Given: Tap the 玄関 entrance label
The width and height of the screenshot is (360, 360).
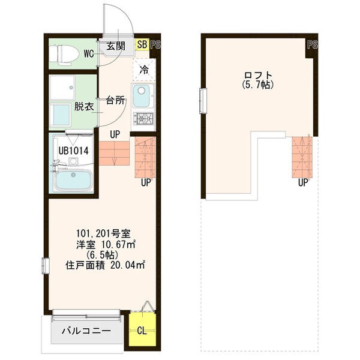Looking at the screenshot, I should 115,46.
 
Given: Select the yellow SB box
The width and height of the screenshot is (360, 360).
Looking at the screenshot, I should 142,44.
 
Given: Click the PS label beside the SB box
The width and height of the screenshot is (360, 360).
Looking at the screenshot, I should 155,44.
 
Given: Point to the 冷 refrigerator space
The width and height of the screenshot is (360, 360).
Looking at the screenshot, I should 144,69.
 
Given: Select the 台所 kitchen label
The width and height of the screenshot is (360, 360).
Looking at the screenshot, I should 116,100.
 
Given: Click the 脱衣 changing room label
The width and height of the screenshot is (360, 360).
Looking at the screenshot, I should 83,107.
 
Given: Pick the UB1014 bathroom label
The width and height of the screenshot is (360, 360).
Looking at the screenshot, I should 74,151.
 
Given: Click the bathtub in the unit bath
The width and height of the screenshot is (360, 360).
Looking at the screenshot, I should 72,181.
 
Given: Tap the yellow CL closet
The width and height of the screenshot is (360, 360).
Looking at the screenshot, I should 142,331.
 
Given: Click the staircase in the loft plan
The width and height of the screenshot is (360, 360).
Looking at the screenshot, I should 302,157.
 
